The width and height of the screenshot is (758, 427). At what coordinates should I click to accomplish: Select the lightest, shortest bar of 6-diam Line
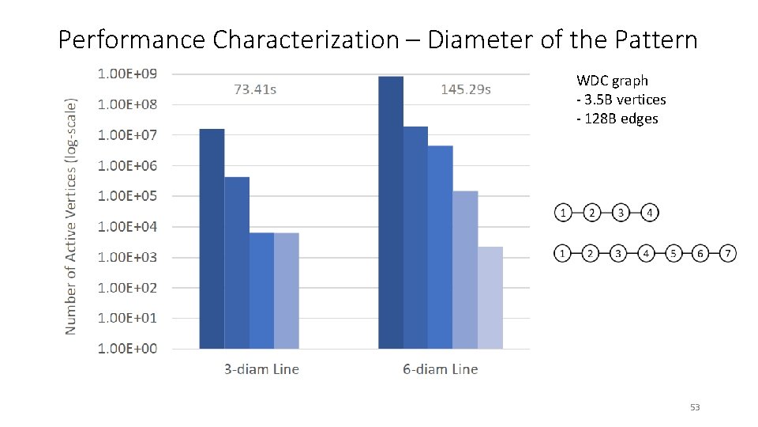click(x=490, y=297)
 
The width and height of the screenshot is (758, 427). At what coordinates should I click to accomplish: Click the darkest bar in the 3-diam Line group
click(x=212, y=238)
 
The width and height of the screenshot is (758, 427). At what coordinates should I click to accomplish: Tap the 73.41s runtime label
click(x=255, y=89)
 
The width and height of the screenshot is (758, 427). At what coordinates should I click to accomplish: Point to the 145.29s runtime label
click(x=466, y=89)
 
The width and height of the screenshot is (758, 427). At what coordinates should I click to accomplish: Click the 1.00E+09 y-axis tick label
click(x=127, y=74)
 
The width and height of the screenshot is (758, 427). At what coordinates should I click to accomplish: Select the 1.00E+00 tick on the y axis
click(x=127, y=348)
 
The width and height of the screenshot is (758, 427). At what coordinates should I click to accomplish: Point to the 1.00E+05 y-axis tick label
click(x=127, y=195)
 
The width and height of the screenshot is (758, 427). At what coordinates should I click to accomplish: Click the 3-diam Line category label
click(x=261, y=369)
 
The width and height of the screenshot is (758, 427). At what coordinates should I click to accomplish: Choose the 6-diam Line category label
click(x=441, y=369)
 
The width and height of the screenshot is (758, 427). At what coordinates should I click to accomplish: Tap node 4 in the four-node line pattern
click(x=649, y=213)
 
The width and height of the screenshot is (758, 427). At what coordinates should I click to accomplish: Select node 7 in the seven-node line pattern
click(x=727, y=254)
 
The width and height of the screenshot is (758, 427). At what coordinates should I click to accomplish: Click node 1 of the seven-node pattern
click(x=562, y=254)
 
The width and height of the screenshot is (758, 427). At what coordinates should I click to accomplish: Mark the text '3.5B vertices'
click(x=624, y=100)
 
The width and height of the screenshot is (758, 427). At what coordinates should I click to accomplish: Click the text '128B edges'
click(x=620, y=119)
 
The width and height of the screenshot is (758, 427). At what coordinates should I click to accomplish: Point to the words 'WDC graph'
click(x=612, y=81)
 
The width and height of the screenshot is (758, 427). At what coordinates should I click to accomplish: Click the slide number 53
click(x=695, y=407)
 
